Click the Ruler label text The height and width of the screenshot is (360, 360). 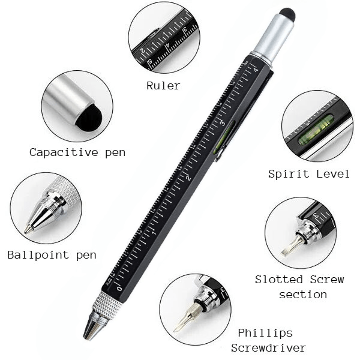click(163, 86)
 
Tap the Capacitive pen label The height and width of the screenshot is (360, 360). click(77, 152)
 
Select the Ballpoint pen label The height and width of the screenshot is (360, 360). click(52, 255)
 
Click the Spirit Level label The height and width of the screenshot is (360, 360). click(309, 174)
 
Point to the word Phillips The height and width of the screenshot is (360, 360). click(265, 333)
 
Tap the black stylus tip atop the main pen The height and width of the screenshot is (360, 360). click(287, 14)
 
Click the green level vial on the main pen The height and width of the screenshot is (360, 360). click(220, 143)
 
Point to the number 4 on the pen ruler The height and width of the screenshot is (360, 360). click(255, 71)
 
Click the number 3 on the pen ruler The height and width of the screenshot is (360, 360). click(222, 123)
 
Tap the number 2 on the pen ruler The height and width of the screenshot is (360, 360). click(188, 178)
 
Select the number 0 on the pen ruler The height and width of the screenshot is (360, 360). click(119, 289)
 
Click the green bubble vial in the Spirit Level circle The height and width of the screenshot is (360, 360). click(316, 129)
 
